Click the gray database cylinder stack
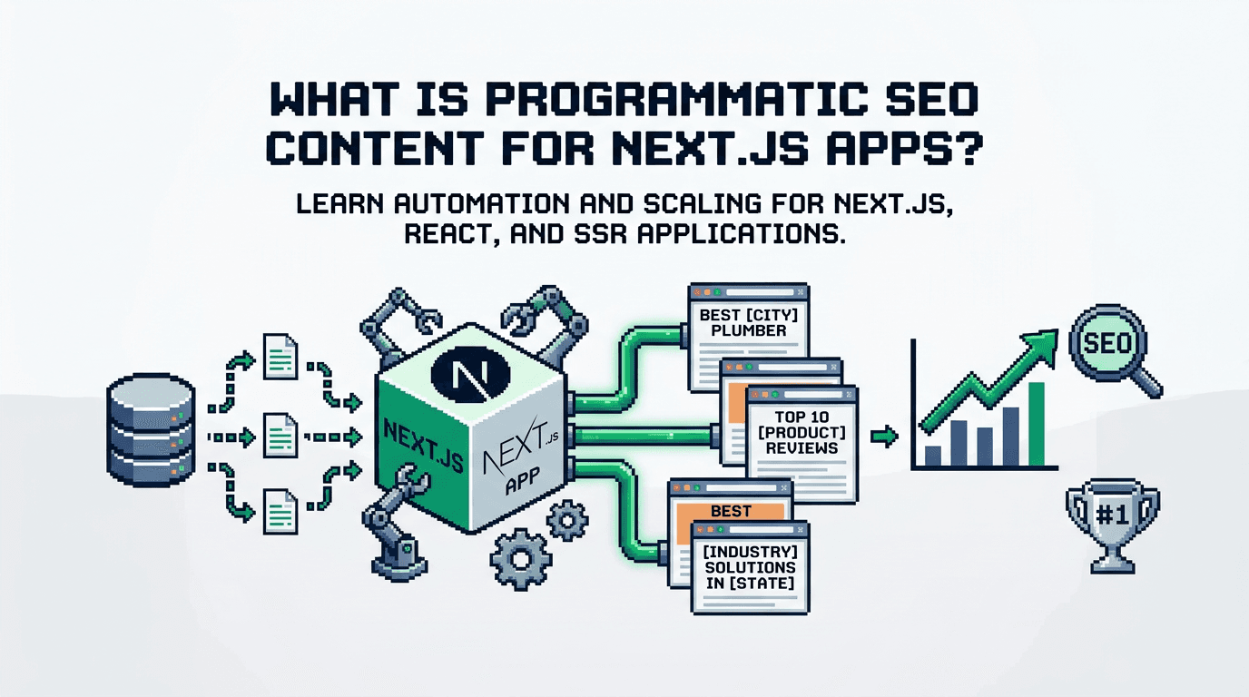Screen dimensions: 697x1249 click(x=150, y=427)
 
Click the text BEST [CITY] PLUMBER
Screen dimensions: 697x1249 click(x=743, y=323)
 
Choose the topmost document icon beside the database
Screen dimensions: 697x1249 click(x=279, y=356)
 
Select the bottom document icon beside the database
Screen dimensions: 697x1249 click(x=279, y=511)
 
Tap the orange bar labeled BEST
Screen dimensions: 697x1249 click(x=730, y=512)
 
